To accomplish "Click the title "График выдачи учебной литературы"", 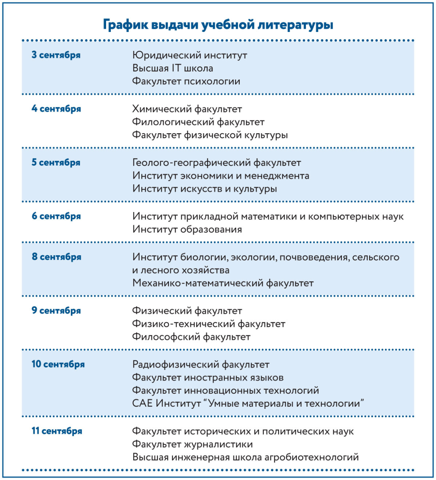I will (x=218, y=25).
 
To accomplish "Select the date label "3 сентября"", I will (x=56, y=55).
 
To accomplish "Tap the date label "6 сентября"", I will (x=56, y=216).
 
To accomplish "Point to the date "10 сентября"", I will (x=58, y=364).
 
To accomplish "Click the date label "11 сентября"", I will (x=57, y=431).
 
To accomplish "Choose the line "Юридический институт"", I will (x=189, y=55).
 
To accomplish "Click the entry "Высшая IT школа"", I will (x=173, y=68).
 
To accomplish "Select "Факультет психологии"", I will (x=186, y=82).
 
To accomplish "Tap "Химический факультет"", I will (x=187, y=109).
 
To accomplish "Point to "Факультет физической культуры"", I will (x=210, y=135).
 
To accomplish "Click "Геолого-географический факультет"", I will (x=217, y=163).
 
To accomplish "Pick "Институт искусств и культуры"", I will (x=205, y=189).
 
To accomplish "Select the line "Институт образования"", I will (x=187, y=230).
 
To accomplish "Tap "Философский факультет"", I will (x=191, y=337).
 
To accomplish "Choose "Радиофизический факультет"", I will (x=201, y=365).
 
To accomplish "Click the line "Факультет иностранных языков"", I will (x=208, y=378).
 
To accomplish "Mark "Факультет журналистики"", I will (x=192, y=444).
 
